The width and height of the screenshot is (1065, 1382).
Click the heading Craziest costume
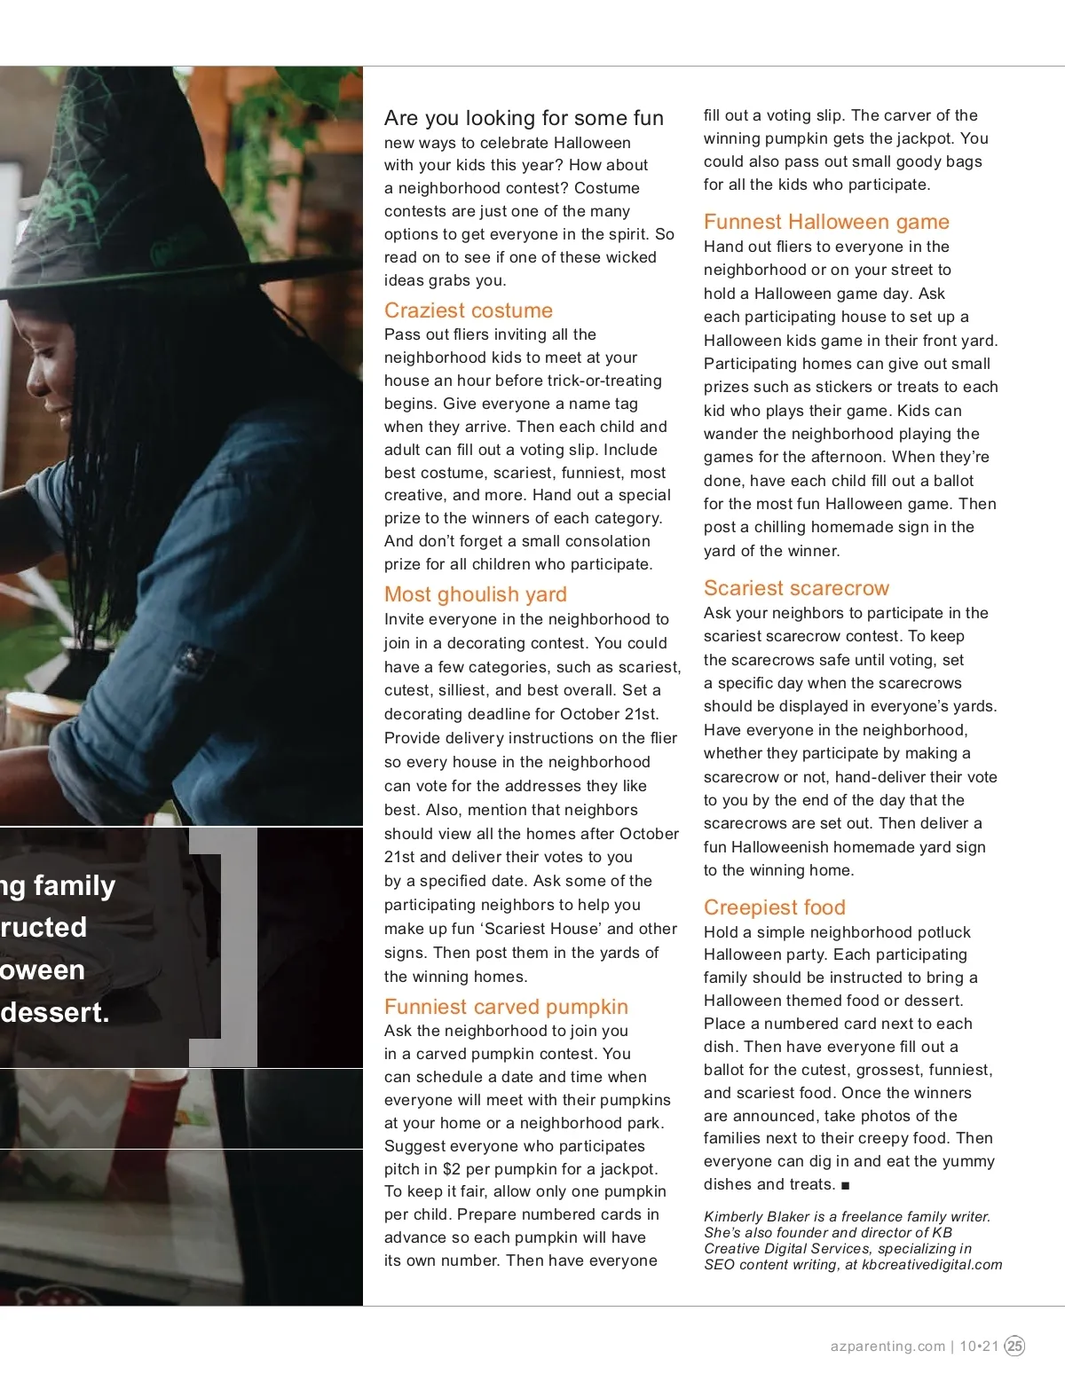click(468, 310)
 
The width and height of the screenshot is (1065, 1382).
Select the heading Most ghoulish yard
click(475, 594)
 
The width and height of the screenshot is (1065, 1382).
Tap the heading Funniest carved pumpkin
click(506, 1007)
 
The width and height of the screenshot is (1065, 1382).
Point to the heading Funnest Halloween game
click(826, 222)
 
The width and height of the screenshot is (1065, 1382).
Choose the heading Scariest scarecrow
click(796, 588)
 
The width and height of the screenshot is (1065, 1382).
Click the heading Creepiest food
click(774, 907)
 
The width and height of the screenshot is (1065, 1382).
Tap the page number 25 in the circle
click(1014, 1346)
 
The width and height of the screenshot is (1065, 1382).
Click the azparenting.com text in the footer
click(887, 1346)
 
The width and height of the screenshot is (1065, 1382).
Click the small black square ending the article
click(846, 1186)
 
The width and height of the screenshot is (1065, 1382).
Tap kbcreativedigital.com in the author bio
click(932, 1265)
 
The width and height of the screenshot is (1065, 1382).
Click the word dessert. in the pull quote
click(55, 1012)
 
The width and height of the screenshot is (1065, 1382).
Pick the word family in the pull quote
click(75, 885)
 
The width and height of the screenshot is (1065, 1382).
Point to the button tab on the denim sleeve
click(193, 661)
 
